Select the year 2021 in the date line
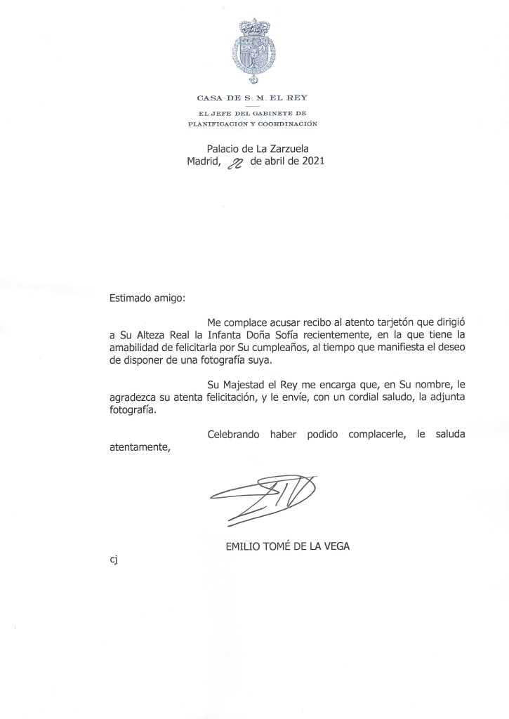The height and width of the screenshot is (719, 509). [x=310, y=161]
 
